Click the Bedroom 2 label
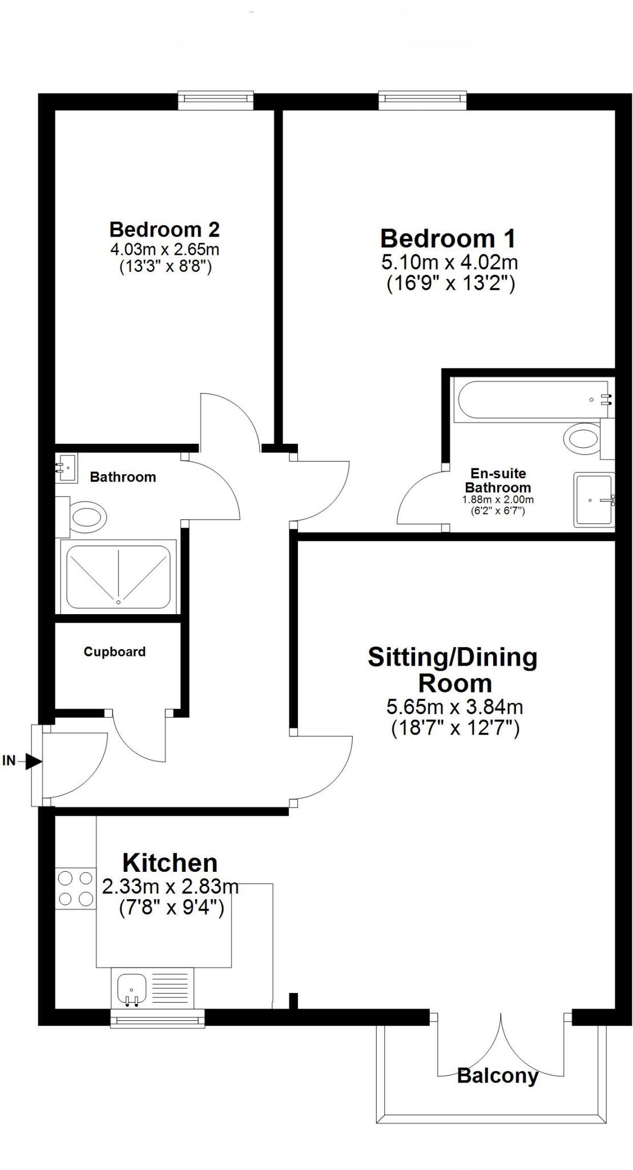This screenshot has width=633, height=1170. [x=164, y=230]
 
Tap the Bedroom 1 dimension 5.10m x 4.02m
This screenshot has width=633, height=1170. [x=449, y=263]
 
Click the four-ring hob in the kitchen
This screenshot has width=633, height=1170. [x=75, y=888]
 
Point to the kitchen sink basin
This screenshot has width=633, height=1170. [x=132, y=989]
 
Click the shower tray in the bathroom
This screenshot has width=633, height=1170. [x=118, y=577]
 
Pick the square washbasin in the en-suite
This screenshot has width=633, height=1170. [x=594, y=499]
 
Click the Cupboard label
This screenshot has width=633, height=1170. [x=115, y=652]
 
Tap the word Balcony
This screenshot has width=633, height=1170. [x=498, y=1076]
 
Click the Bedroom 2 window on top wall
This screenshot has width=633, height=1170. [x=215, y=100]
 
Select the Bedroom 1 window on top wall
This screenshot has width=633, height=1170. [x=422, y=100]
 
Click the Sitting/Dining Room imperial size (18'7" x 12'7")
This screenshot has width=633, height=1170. [x=455, y=729]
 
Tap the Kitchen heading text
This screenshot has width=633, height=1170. [x=170, y=863]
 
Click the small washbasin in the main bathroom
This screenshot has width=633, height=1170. [x=66, y=468]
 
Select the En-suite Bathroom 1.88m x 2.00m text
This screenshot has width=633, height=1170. [x=498, y=499]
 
